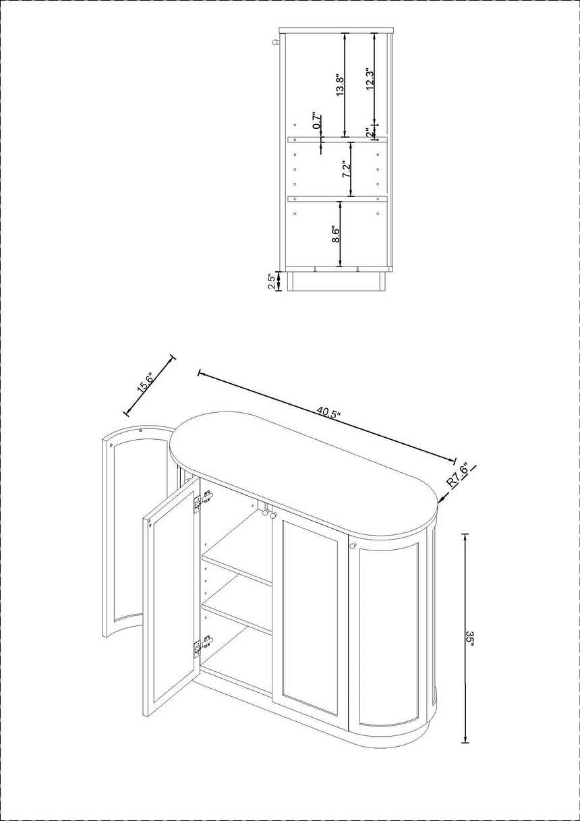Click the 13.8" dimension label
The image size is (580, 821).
(x=340, y=86)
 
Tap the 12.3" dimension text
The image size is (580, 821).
(x=370, y=80)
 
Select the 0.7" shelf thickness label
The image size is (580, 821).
(x=316, y=120)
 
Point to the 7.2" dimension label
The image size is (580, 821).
(x=347, y=169)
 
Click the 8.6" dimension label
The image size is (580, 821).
(x=336, y=234)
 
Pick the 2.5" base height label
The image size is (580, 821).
(x=272, y=281)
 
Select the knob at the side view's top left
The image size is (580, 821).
(x=276, y=43)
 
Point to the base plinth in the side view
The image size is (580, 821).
(x=337, y=281)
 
